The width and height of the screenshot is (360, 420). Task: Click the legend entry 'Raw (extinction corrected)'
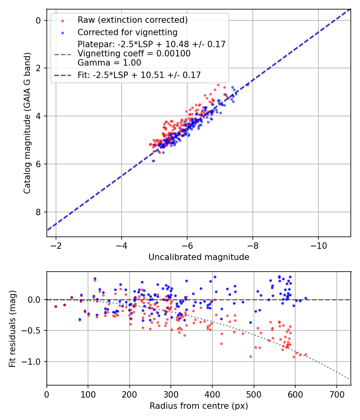[132, 20]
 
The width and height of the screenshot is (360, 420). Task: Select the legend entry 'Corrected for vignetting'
[128, 32]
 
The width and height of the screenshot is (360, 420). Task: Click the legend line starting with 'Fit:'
[139, 75]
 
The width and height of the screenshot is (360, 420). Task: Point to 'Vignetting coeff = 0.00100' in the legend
[134, 53]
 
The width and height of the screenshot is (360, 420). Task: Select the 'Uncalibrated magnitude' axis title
[199, 257]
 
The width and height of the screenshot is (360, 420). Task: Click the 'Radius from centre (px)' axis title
[199, 406]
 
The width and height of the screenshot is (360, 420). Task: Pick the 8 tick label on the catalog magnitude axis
[39, 212]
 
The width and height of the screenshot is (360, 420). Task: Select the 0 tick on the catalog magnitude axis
[39, 20]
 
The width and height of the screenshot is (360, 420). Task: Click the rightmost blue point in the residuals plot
[306, 298]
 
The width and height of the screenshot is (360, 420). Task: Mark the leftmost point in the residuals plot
[56, 306]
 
